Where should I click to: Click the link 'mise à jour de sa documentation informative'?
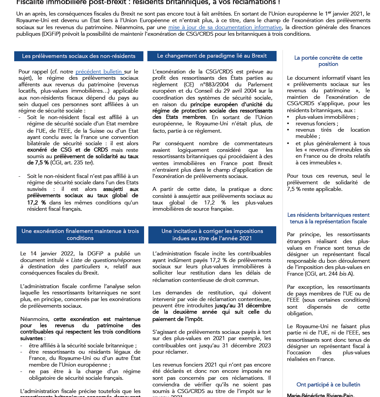[225, 27]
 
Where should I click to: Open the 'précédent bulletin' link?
[98, 71]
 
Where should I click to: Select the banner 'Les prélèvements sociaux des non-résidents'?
[79, 56]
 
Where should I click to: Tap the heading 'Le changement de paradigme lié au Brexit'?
[212, 56]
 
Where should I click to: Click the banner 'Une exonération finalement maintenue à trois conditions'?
[80, 235]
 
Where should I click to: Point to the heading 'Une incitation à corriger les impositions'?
[212, 231]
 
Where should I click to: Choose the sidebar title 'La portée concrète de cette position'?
[328, 61]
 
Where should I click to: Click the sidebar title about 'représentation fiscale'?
[328, 218]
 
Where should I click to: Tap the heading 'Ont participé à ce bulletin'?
[328, 384]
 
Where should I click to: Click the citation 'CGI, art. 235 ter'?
[72, 163]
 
